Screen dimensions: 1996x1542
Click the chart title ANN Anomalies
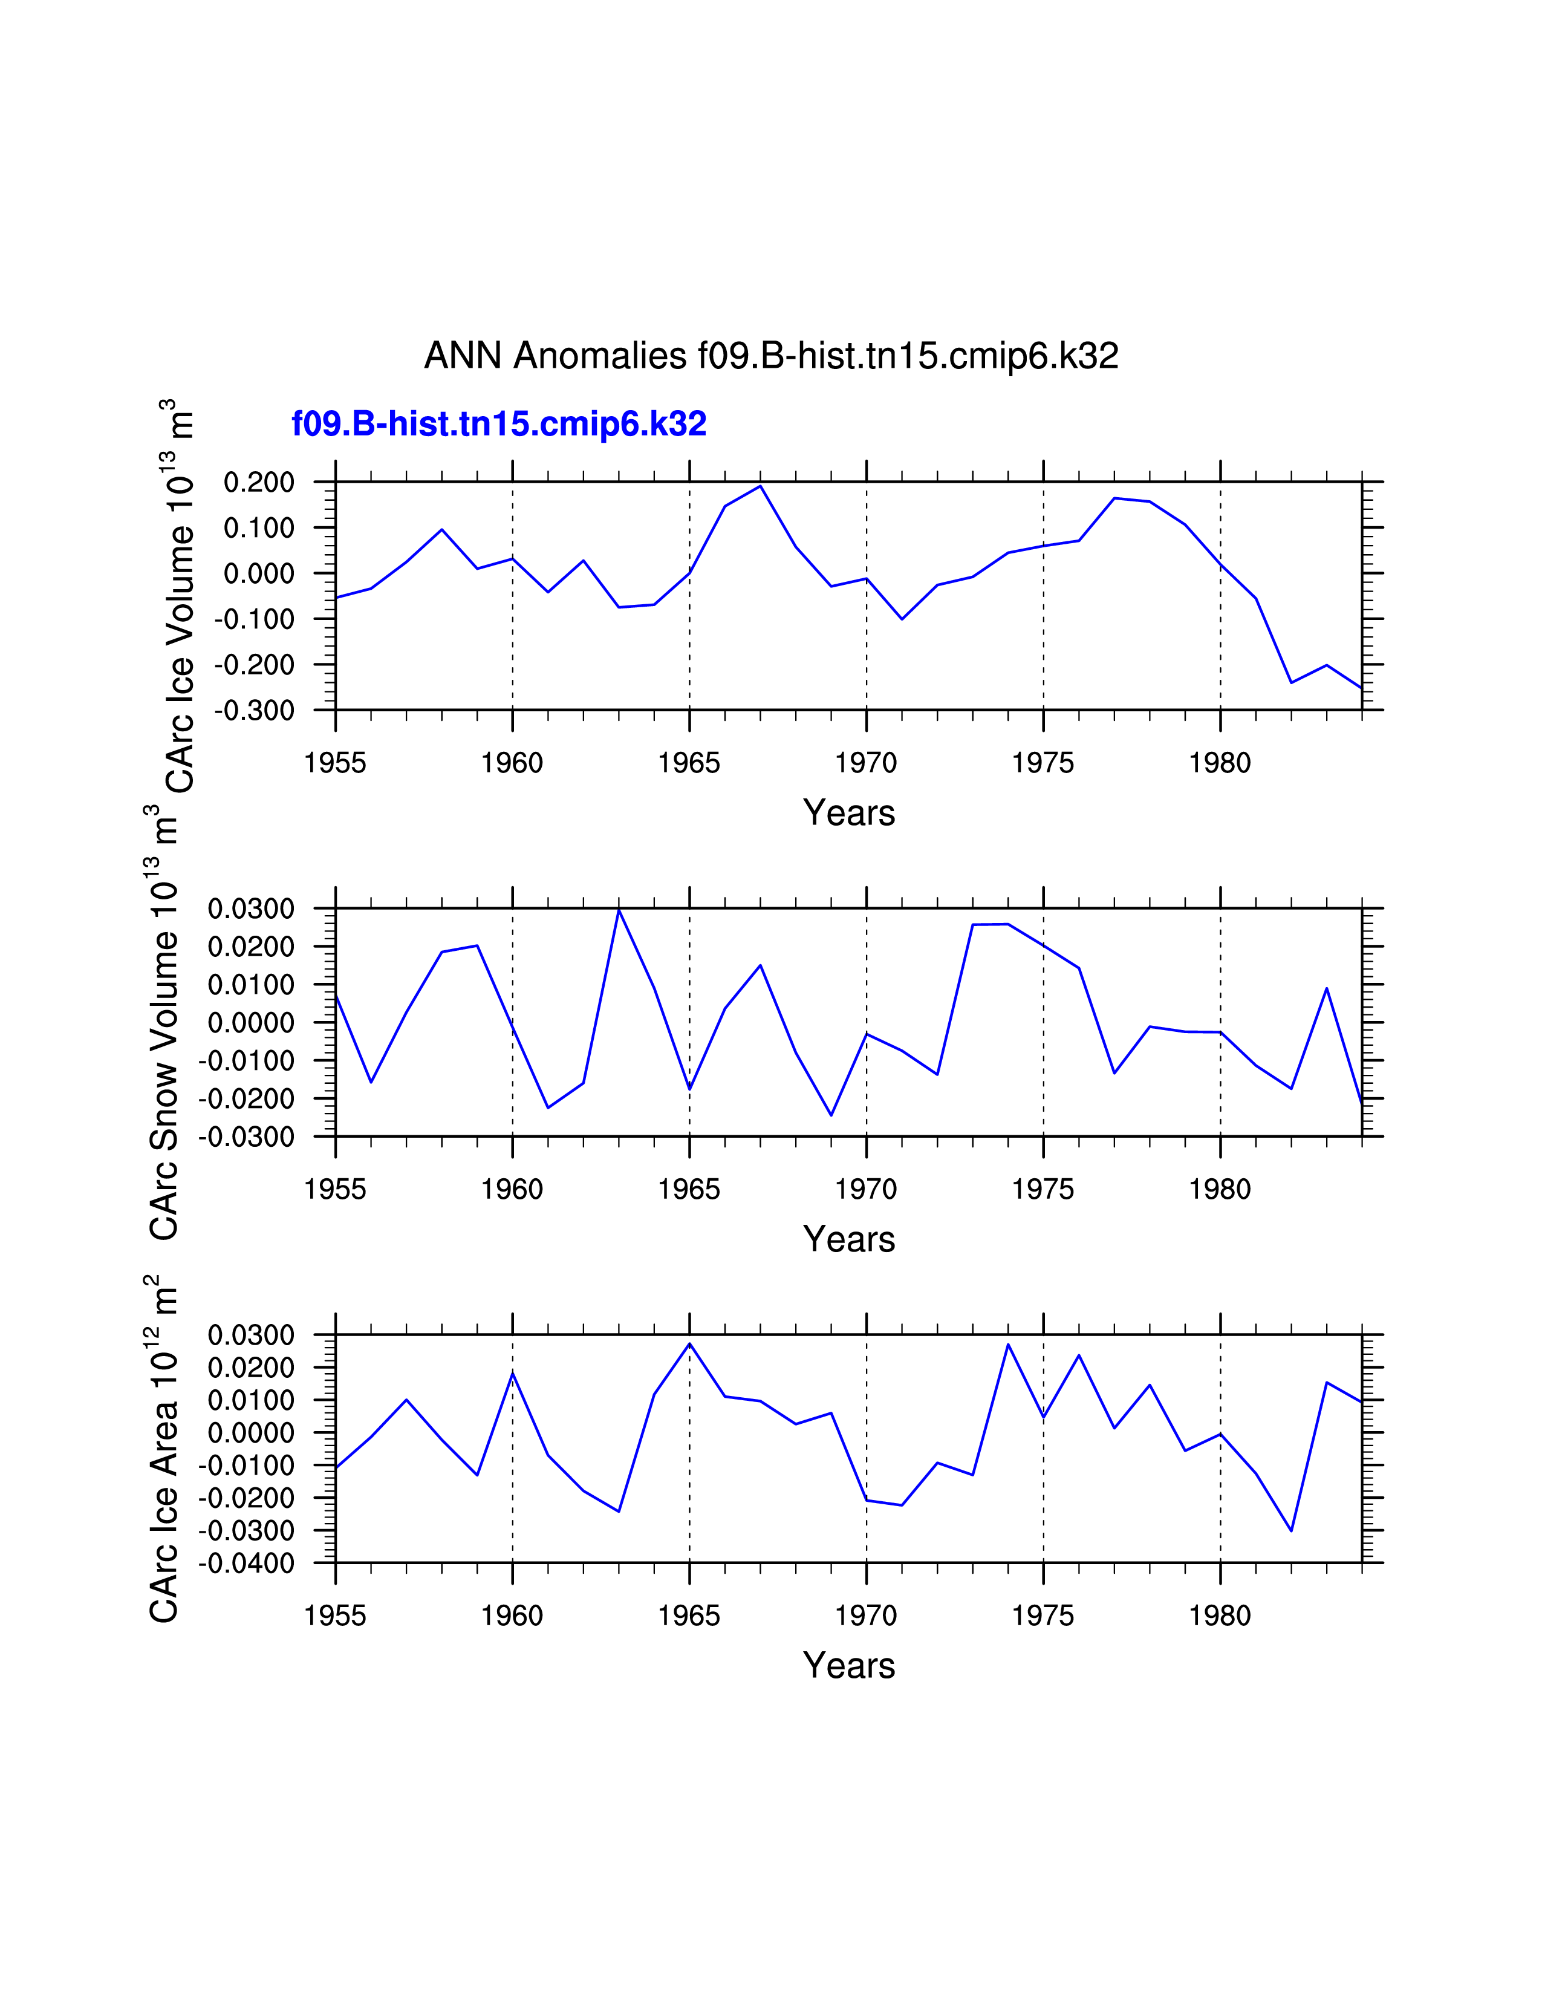[771, 356]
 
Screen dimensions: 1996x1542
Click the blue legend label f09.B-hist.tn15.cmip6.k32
[499, 424]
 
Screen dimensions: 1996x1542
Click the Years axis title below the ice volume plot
[848, 812]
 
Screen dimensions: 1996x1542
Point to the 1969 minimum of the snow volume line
[831, 1115]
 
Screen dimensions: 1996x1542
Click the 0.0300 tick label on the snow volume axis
[251, 908]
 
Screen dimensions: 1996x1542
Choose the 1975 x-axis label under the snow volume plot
[1043, 1189]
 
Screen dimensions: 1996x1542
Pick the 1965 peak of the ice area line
[690, 1343]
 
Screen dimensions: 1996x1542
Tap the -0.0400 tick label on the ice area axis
[247, 1563]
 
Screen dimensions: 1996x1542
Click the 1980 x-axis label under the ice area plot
[1220, 1616]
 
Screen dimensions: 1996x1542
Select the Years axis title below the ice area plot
[848, 1665]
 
